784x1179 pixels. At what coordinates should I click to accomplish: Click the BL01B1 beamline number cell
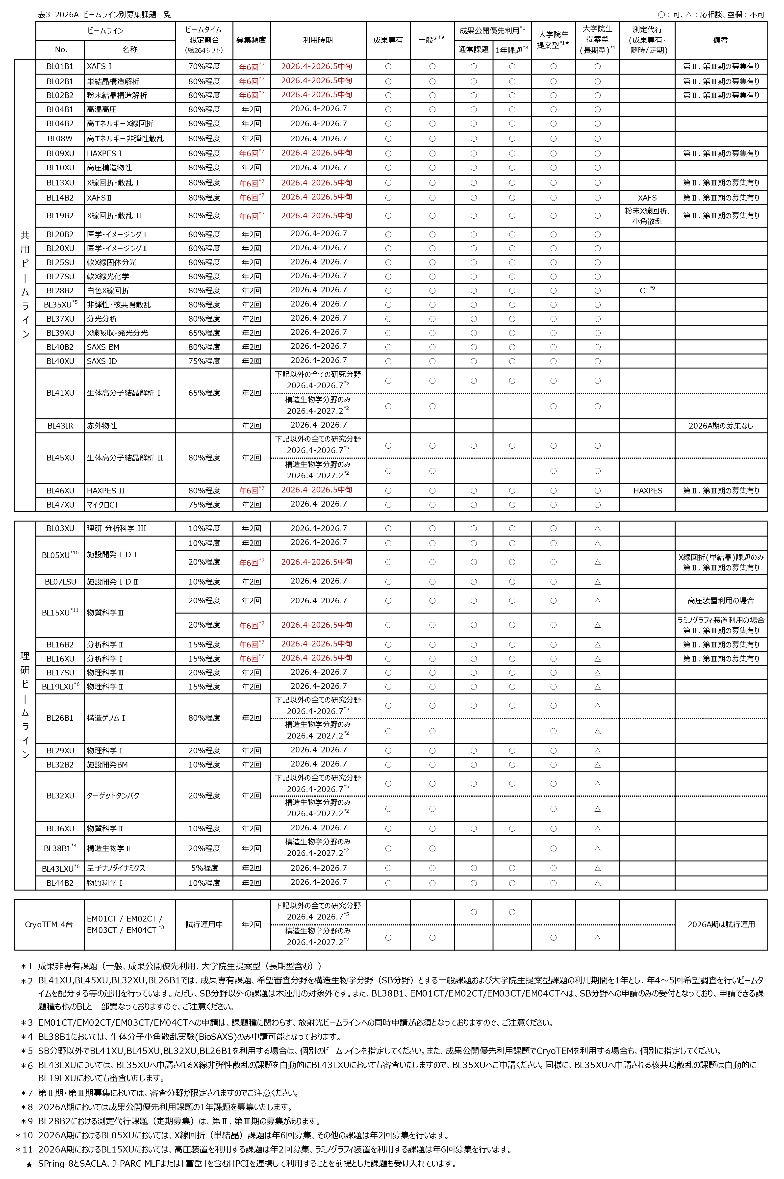60,67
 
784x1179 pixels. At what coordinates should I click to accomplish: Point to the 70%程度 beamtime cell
204,67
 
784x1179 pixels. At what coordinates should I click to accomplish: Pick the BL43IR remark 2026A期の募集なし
720,426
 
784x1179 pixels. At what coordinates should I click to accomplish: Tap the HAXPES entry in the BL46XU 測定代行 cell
648,490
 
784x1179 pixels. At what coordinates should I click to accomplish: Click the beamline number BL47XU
60,505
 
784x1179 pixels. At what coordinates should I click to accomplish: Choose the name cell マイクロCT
103,505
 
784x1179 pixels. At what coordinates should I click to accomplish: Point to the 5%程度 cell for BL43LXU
204,868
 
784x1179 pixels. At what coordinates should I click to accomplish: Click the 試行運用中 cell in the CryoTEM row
204,924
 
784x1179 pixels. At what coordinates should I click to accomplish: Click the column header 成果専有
388,40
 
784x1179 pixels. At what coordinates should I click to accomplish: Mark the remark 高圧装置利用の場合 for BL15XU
720,600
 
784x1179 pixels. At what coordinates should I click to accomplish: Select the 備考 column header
720,40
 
